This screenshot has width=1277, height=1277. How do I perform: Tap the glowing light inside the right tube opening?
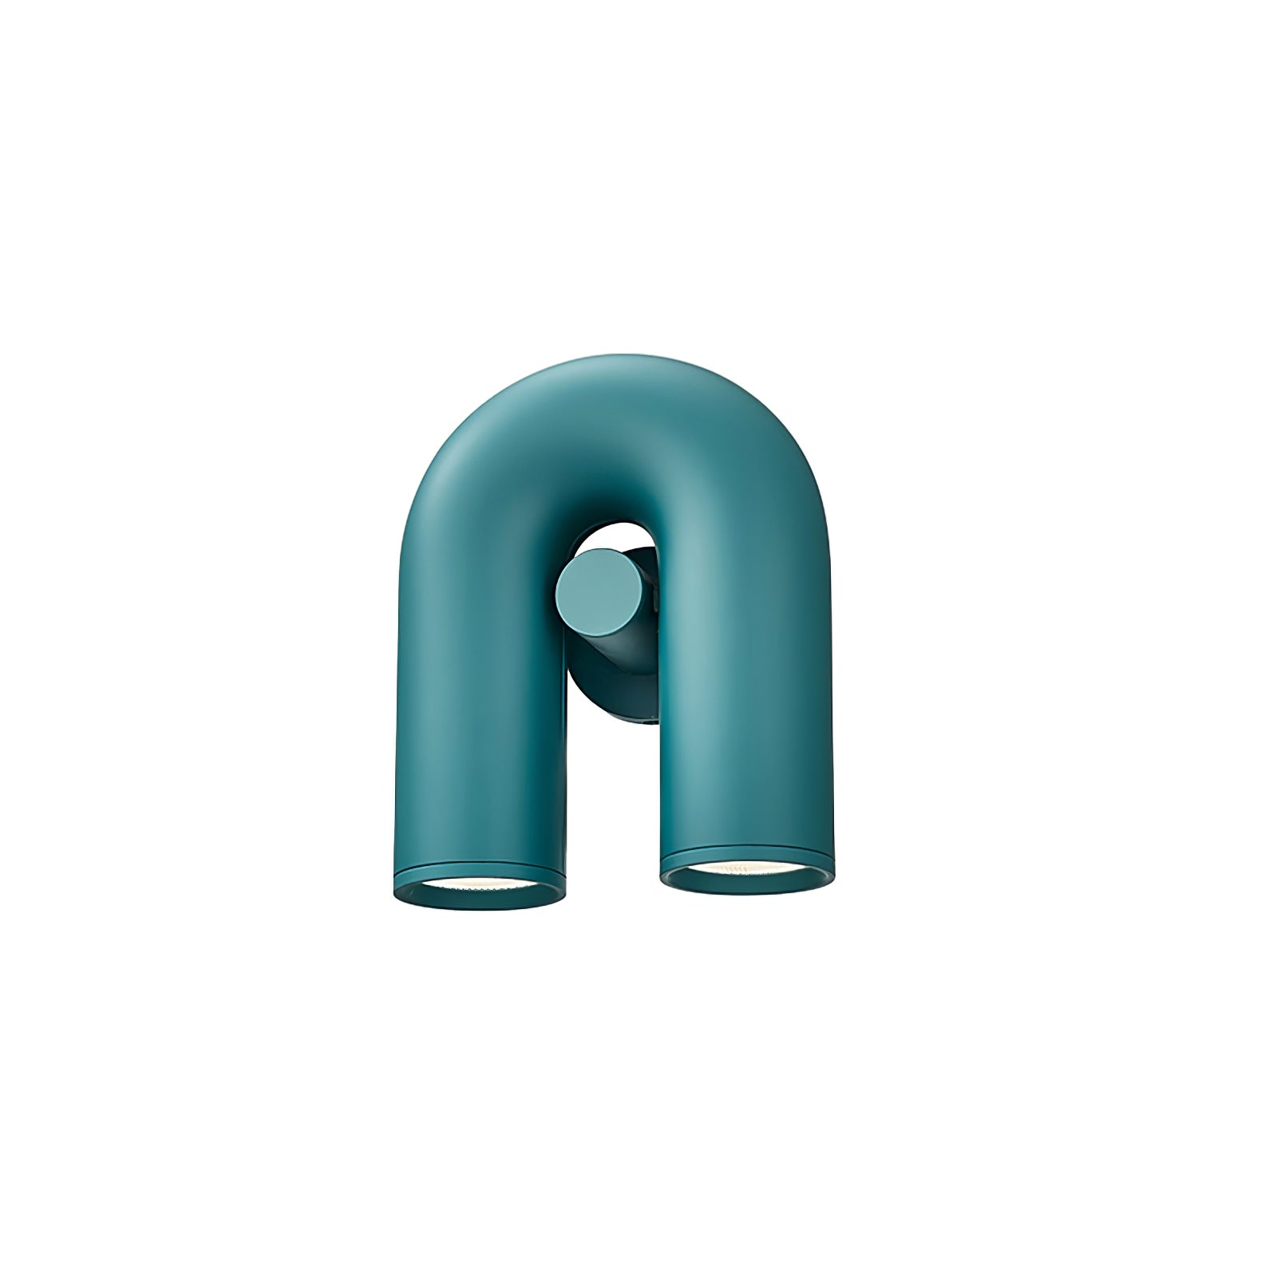pyautogui.click(x=746, y=866)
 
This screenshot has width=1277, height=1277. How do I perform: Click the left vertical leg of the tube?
pyautogui.click(x=479, y=718)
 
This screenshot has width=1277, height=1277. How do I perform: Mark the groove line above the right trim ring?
pyautogui.click(x=746, y=848)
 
